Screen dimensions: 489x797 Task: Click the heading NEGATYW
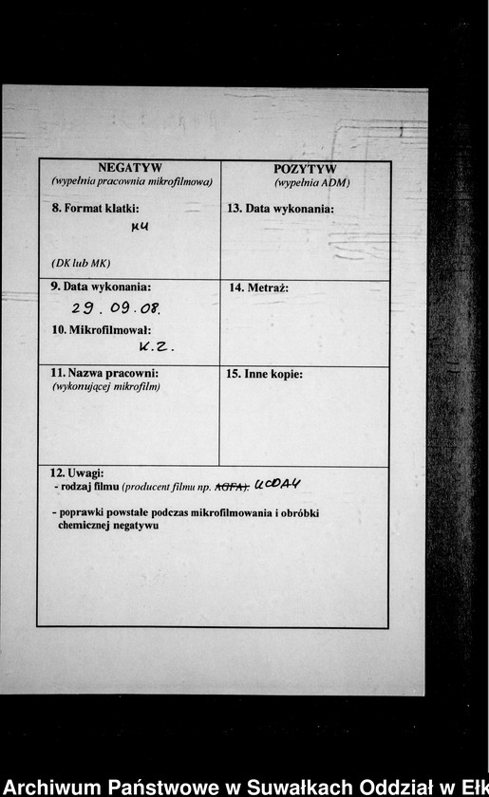tap(130, 168)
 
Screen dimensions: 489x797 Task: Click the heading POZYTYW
tap(305, 169)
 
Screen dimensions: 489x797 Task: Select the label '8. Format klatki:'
tap(95, 208)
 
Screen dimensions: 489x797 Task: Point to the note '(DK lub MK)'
tap(81, 262)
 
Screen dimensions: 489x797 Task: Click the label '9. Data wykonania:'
tap(101, 286)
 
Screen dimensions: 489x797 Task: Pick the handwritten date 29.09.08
tap(116, 308)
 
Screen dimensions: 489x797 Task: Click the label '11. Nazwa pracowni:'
tap(103, 373)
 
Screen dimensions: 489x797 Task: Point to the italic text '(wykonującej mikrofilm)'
tap(106, 386)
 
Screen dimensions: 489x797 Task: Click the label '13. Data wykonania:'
tap(280, 208)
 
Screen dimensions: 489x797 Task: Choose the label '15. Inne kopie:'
tap(265, 374)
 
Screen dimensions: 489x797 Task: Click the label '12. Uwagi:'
tap(77, 473)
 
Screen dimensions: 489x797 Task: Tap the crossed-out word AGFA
tap(232, 487)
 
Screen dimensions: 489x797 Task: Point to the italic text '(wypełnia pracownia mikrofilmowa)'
tap(131, 181)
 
